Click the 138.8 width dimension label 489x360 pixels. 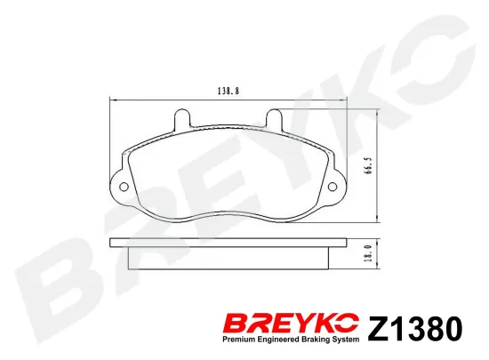228,91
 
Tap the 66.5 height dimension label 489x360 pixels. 370,165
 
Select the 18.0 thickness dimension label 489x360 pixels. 370,253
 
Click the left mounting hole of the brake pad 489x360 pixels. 124,187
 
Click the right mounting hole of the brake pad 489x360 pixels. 333,187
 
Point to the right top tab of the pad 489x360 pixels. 274,117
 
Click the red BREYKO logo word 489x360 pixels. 292,324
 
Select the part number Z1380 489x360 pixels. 415,329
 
